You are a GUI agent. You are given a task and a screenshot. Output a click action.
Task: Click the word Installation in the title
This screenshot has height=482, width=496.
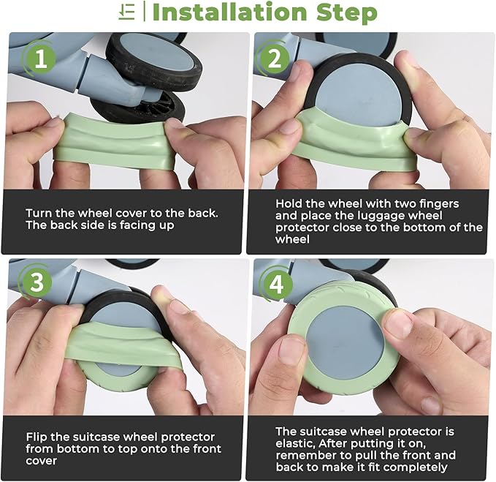[229, 12]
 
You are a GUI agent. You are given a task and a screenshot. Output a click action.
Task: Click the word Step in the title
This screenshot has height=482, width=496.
[347, 13]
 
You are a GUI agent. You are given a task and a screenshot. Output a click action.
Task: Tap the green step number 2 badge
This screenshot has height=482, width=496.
[275, 59]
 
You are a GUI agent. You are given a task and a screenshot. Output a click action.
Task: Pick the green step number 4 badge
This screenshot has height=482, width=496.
[276, 284]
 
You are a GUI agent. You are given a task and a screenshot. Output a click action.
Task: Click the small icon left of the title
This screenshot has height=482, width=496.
[127, 13]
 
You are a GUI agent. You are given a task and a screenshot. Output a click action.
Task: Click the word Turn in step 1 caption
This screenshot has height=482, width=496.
[39, 213]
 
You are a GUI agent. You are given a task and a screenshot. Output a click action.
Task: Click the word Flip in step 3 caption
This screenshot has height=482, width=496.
[37, 437]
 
